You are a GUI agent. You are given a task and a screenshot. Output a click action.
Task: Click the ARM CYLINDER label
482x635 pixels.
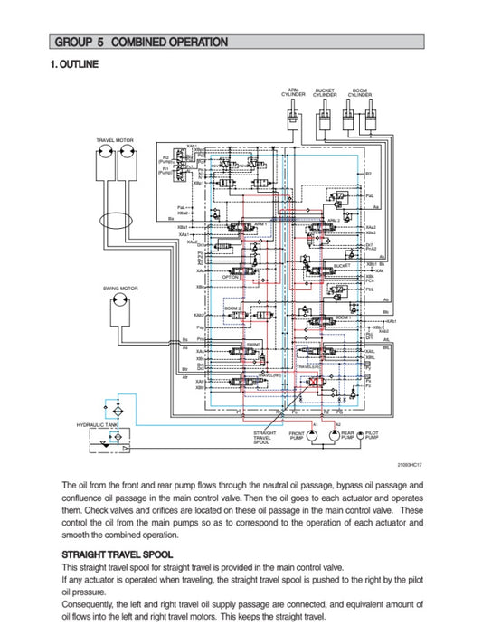(x=295, y=92)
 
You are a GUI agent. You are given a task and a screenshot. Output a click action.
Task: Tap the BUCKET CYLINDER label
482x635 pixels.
(x=326, y=92)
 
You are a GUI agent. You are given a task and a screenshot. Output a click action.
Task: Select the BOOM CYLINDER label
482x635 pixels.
(x=359, y=92)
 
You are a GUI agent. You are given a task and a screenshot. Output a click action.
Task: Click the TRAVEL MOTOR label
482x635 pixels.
(x=115, y=141)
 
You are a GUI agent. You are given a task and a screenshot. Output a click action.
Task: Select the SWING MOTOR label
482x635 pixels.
(x=118, y=289)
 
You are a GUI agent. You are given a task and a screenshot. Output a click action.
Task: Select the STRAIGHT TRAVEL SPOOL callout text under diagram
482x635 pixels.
(x=263, y=438)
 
